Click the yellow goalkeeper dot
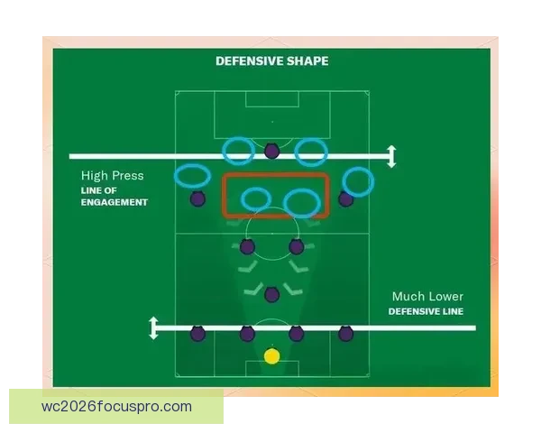pos(272,356)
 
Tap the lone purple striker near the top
pos(272,151)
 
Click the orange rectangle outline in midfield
pos(224,196)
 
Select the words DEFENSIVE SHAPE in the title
pos(272,61)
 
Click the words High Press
pos(112,176)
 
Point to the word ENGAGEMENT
pos(115,202)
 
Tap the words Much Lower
pos(427,296)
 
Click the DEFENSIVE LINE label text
pos(426,311)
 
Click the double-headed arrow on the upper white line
pos(391,156)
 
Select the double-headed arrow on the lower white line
pos(153,327)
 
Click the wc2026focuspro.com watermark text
pos(116,407)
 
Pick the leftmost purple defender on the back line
pos(197,334)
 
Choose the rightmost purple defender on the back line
pos(345,334)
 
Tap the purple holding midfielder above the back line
pos(272,295)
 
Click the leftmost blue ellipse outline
pos(175,176)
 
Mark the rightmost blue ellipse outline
pos(372,182)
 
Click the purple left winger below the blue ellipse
pos(197,198)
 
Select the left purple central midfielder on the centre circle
pos(247,246)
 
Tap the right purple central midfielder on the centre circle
pos(297,246)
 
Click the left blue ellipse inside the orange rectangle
pos(242,199)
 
